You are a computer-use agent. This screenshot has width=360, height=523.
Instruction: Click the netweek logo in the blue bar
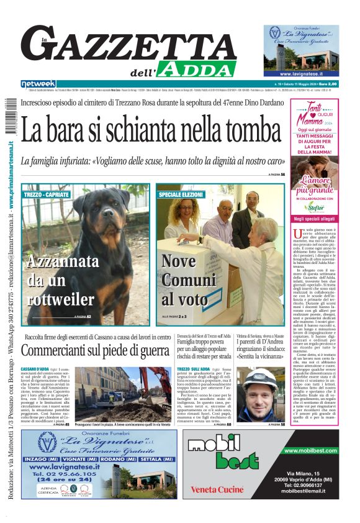pyautogui.click(x=38, y=84)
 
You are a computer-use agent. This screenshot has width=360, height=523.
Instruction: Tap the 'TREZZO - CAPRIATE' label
pyautogui.click(x=46, y=195)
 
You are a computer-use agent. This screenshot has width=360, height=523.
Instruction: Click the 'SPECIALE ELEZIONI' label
pyautogui.click(x=181, y=195)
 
